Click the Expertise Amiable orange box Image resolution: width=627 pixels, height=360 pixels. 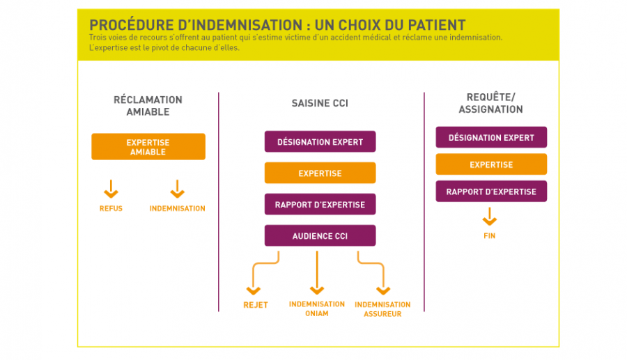pyautogui.click(x=148, y=146)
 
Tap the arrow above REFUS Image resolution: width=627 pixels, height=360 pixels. pyautogui.click(x=111, y=189)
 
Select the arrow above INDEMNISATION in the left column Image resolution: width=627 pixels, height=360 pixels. pyautogui.click(x=177, y=189)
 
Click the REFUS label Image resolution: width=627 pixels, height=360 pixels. pyautogui.click(x=111, y=208)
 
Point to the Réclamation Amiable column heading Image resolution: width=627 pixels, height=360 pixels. pyautogui.click(x=148, y=105)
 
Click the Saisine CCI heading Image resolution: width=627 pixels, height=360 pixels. pyautogui.click(x=320, y=103)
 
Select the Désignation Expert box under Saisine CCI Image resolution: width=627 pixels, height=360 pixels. pyautogui.click(x=320, y=141)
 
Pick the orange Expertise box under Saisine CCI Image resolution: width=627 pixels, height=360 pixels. pyautogui.click(x=320, y=173)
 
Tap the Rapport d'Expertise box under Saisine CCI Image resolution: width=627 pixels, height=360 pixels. pyautogui.click(x=320, y=204)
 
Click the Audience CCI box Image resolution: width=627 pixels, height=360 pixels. pyautogui.click(x=320, y=235)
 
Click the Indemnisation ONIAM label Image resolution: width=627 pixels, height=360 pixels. pyautogui.click(x=317, y=308)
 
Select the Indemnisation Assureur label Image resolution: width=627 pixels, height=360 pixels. pyautogui.click(x=382, y=308)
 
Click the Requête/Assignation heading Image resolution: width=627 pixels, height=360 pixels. pyautogui.click(x=490, y=103)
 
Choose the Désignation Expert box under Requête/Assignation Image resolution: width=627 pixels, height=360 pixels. pyautogui.click(x=491, y=137)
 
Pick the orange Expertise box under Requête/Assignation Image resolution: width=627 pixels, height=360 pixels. pyautogui.click(x=491, y=164)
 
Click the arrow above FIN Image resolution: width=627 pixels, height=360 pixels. pyautogui.click(x=490, y=218)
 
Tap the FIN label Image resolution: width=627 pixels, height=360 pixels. pyautogui.click(x=490, y=236)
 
